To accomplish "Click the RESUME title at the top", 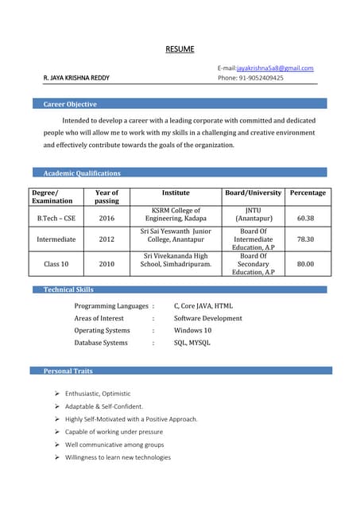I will coord(180,49).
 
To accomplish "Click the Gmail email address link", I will coord(275,68).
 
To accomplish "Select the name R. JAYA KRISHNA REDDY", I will coord(76,78).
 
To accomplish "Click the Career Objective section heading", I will coord(70,104).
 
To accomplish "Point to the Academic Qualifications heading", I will coord(82,173).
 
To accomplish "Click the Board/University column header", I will coord(254,192).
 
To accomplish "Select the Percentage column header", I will coord(308,192).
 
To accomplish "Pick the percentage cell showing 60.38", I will coord(305,218).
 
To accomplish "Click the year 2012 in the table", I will coord(106,239).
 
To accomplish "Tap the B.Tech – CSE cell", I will coord(56,218).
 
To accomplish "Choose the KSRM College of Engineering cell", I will coord(176,214).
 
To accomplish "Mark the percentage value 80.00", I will coord(305,264).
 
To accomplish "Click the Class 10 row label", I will coord(56,264).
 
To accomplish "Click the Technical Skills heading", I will coord(68,290).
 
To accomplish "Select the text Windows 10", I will coord(192,330).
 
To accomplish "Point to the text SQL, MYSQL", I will coord(192,343).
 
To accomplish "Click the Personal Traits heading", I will coord(68,371).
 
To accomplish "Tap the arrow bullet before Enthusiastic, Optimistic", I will coord(57,394).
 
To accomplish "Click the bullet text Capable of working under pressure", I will coord(114,432).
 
